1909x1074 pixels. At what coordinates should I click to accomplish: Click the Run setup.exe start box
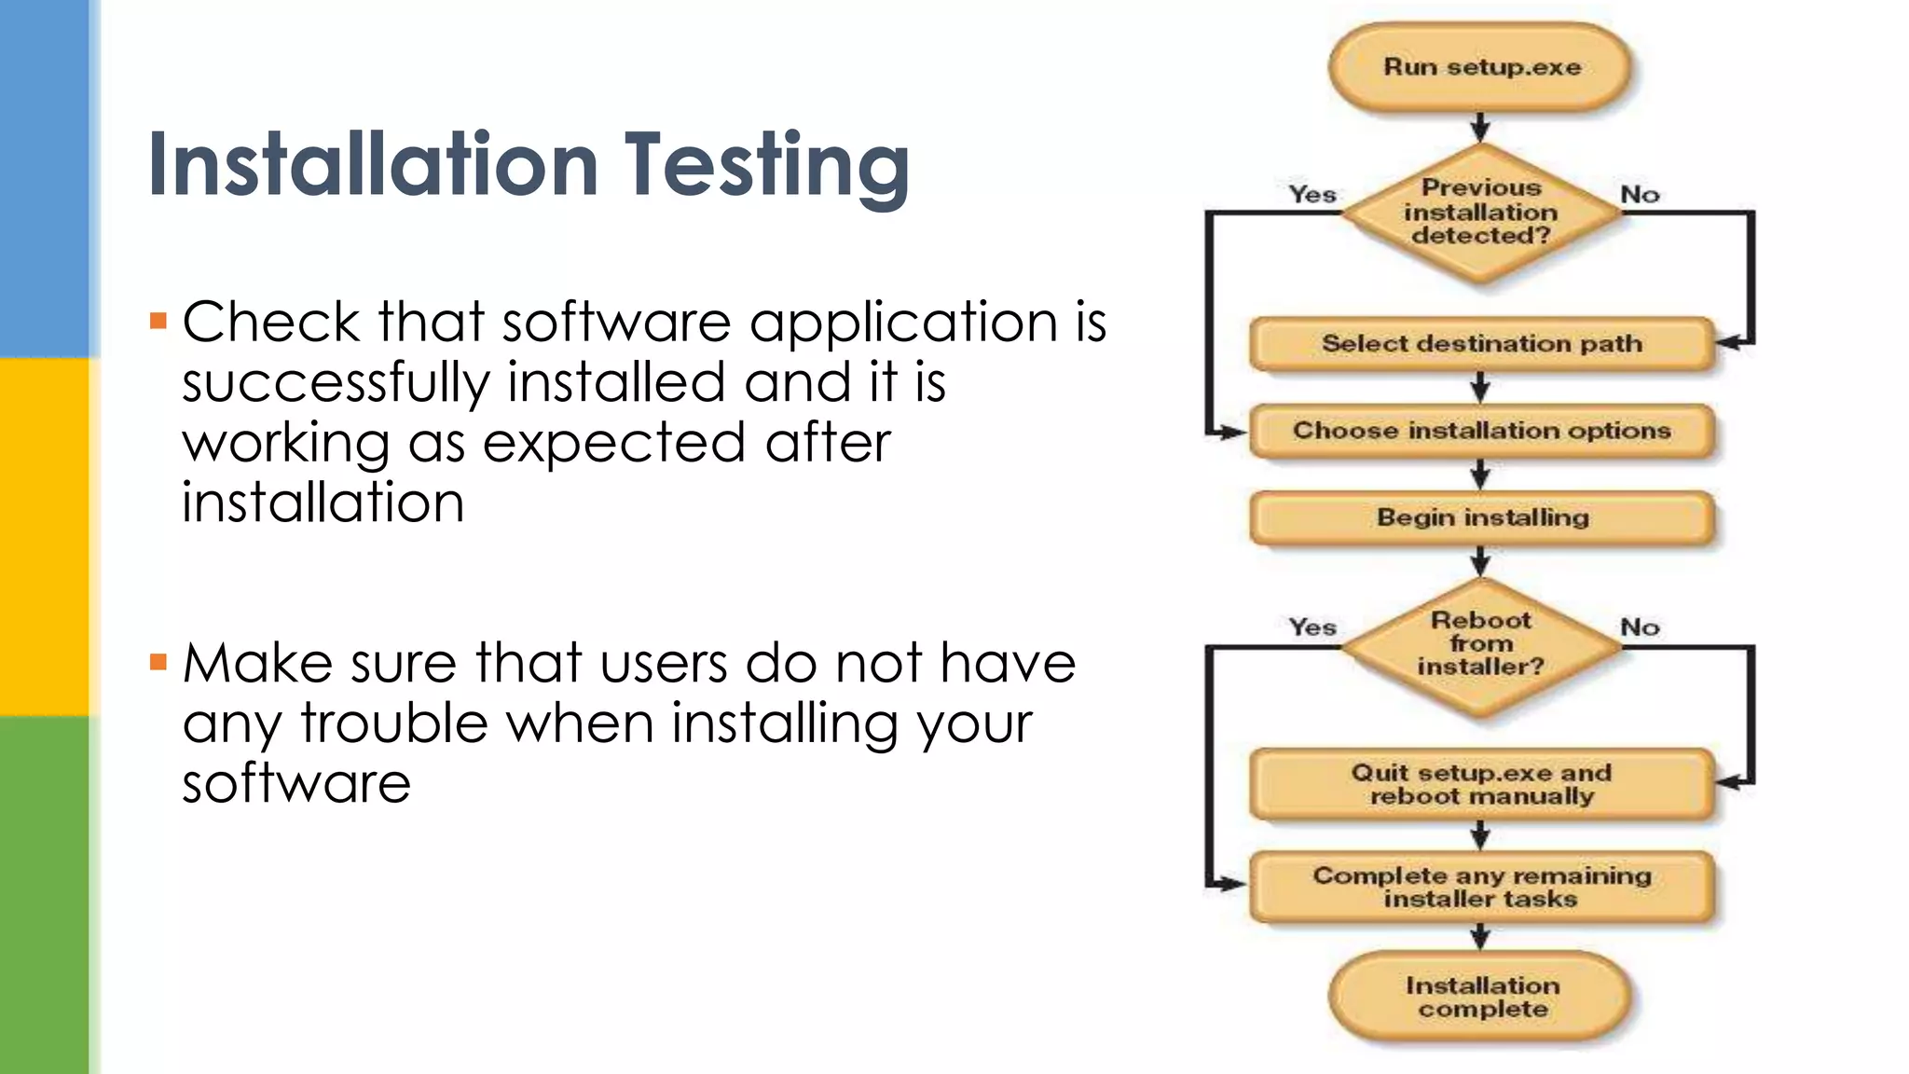pos(1480,68)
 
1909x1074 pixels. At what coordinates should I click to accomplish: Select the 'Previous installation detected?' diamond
pos(1480,213)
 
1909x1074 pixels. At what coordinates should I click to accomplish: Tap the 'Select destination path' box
pos(1481,344)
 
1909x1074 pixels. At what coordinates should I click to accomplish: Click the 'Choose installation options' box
pos(1481,431)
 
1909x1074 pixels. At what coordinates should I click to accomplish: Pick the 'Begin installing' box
pos(1481,517)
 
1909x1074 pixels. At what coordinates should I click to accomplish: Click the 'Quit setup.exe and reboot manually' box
pos(1481,784)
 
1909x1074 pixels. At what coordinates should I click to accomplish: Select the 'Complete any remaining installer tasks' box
pos(1481,887)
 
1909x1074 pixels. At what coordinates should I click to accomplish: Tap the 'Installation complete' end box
pos(1481,997)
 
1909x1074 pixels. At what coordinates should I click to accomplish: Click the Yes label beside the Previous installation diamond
pos(1312,194)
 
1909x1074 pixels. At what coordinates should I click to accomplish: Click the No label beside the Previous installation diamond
pos(1640,194)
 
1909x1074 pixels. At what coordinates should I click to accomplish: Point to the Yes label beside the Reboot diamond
pos(1312,626)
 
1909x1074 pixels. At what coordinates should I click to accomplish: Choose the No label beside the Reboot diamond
pos(1640,626)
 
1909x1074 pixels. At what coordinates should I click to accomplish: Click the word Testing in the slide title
pos(766,165)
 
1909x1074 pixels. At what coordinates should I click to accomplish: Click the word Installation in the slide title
pos(373,165)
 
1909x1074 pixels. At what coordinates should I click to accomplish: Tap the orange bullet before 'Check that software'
pos(158,322)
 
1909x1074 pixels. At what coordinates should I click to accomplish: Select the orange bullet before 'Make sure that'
pos(158,663)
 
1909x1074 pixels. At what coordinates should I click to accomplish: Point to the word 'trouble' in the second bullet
pos(394,723)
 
